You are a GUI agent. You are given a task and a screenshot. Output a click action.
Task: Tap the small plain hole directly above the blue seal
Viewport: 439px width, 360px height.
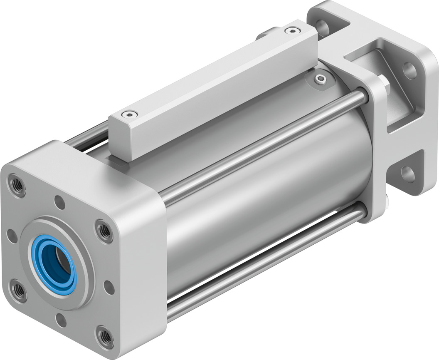60,203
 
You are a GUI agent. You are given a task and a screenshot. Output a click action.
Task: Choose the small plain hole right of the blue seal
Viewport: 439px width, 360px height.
109,287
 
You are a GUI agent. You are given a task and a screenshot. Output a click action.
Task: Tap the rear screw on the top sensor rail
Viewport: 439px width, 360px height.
294,30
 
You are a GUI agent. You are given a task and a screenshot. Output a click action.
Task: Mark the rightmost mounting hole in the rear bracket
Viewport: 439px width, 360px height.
410,71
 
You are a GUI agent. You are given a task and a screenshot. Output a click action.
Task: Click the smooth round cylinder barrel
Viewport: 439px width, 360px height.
266,196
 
